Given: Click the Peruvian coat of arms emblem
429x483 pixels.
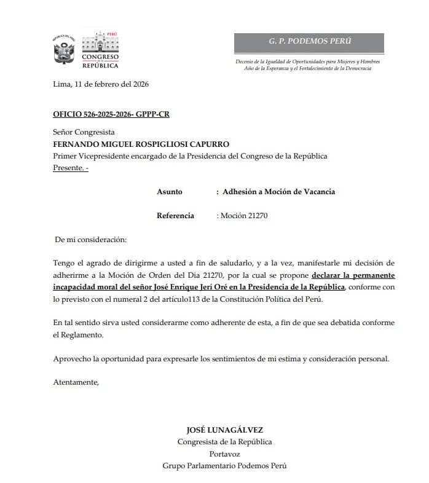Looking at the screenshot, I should point(64,50).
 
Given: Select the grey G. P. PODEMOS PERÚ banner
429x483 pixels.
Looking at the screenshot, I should point(309,42).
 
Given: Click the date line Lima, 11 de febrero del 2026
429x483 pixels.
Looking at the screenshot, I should point(101,84).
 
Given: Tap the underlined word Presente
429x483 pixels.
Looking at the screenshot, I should point(69,168).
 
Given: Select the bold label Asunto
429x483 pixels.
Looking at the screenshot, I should point(170,192).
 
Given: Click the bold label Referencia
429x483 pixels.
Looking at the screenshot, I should point(175,216).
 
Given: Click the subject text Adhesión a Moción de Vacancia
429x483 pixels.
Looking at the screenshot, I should point(278,192).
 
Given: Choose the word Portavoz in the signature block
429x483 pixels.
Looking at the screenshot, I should point(224,454).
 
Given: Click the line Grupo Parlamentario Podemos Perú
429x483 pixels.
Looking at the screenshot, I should point(224,465).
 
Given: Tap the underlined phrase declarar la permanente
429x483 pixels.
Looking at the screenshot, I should point(353,275).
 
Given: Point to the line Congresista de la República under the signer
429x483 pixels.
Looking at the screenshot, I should point(224,442).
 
